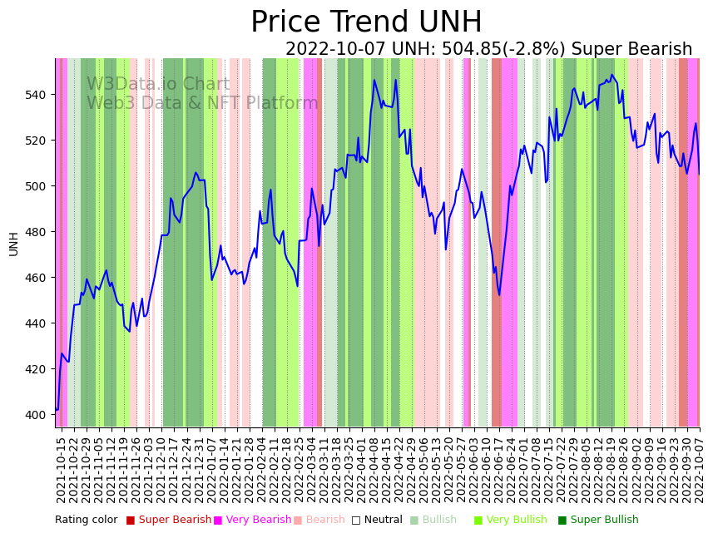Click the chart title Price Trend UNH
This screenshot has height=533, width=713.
point(366,22)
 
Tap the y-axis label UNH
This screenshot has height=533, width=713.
point(13,243)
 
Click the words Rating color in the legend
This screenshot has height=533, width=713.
point(87,521)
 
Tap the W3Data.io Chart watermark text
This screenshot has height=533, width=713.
point(158,85)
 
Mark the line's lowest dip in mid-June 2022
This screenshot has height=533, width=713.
point(499,294)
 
